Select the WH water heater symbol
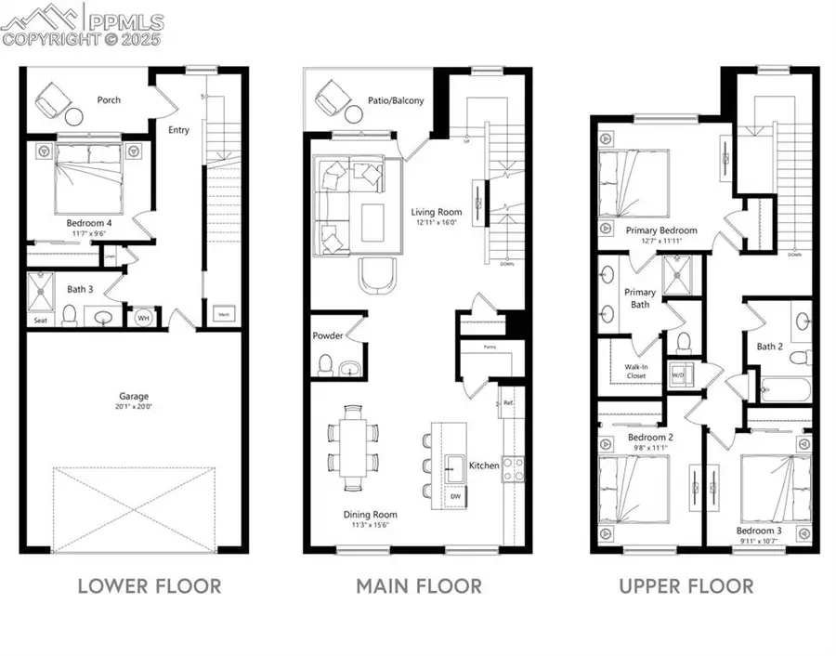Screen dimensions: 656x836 (x=143, y=318)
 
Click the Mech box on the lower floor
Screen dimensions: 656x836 (x=224, y=315)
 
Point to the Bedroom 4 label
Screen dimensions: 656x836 (x=89, y=223)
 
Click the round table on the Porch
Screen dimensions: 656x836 (x=74, y=116)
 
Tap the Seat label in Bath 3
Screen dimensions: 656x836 (x=41, y=321)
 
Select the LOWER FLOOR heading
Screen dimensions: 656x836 (x=149, y=586)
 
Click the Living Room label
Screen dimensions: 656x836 (x=437, y=212)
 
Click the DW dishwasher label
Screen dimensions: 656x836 (x=454, y=496)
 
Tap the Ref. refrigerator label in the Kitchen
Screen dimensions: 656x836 (x=508, y=402)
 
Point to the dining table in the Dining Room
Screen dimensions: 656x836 (x=353, y=446)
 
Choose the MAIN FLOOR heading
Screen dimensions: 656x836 (x=419, y=586)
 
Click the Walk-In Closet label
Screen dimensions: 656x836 (x=635, y=371)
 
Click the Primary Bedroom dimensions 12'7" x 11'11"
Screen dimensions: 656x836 (x=660, y=241)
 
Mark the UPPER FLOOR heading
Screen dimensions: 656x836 (x=686, y=586)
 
